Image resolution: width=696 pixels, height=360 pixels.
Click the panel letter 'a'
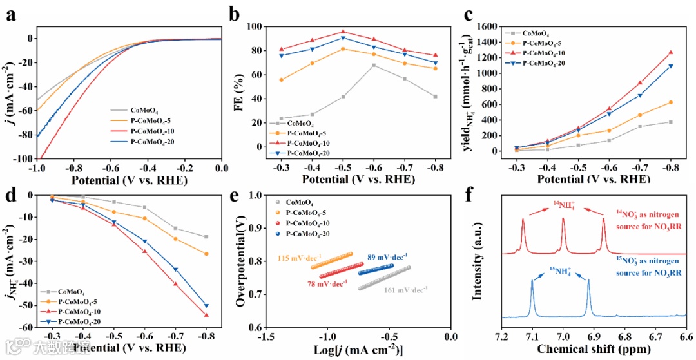coord(10,14)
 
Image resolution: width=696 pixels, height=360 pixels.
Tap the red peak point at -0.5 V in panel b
coord(343,31)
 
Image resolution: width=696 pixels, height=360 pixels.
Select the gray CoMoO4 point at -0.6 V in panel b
coord(374,64)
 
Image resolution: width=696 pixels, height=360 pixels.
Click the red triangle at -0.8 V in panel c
coord(670,52)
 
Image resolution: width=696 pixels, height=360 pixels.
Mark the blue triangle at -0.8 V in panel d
coord(206,306)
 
